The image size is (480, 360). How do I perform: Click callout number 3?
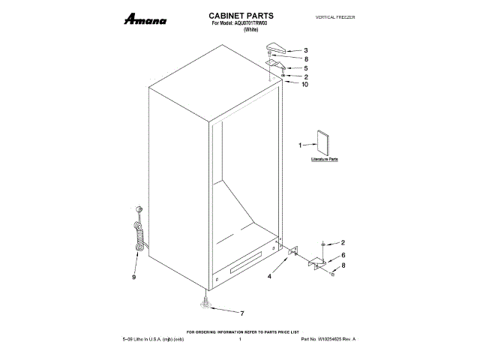click(305, 50)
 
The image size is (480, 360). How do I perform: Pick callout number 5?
click(305, 67)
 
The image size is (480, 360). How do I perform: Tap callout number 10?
click(305, 85)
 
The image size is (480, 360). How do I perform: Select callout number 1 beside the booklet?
click(300, 145)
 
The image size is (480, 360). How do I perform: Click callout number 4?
click(271, 276)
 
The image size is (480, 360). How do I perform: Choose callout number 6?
click(343, 255)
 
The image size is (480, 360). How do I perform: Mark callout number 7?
click(242, 313)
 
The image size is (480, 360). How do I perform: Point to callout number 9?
click(134, 276)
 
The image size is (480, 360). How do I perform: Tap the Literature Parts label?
click(325, 160)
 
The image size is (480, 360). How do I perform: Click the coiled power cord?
click(138, 232)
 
